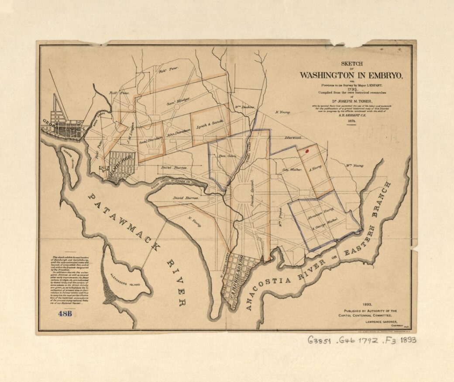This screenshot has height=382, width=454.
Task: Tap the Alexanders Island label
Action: click(x=124, y=283)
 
